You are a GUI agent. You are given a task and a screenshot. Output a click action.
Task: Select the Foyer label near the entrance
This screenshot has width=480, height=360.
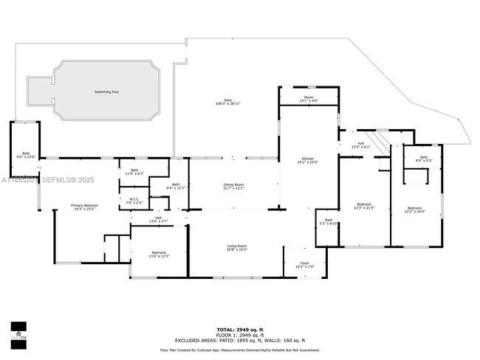[x=304, y=264]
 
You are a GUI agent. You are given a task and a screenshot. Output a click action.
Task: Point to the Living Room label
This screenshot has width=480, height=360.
[x=236, y=248]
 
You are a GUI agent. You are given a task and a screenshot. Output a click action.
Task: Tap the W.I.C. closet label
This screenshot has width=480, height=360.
[x=134, y=200]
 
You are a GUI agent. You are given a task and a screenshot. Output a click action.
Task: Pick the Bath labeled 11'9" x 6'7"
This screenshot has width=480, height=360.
[x=134, y=172]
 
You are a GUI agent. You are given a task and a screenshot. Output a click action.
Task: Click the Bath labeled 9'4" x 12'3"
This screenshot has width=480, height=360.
[x=176, y=186]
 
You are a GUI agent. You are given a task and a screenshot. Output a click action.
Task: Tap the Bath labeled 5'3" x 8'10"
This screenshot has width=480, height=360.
[x=329, y=221]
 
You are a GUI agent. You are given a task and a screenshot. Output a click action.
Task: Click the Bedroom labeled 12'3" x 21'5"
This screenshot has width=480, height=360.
[x=364, y=206]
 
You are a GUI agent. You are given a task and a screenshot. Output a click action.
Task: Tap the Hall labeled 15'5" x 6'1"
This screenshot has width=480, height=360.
[x=361, y=145]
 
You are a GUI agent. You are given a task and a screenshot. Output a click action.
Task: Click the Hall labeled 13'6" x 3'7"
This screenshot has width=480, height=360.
[x=158, y=219]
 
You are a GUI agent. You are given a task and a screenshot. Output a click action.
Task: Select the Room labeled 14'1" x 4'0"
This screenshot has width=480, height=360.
[x=309, y=99]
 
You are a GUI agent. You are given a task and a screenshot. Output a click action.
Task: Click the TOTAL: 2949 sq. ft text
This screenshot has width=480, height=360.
[x=239, y=329]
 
